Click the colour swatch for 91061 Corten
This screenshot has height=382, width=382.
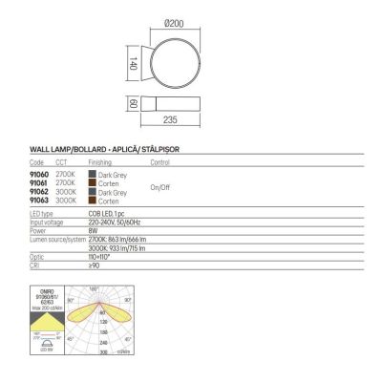point(91,182)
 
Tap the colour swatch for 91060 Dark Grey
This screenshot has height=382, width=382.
point(91,175)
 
